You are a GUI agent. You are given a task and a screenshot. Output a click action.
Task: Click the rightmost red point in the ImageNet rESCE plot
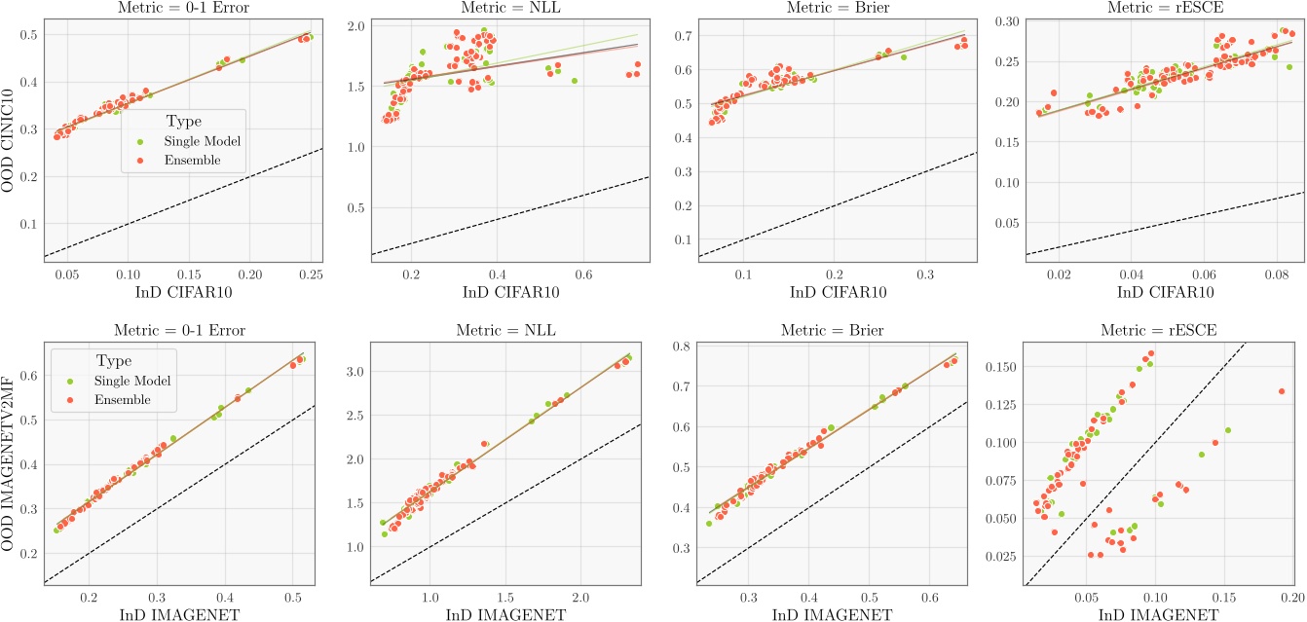pyautogui.click(x=1282, y=391)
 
